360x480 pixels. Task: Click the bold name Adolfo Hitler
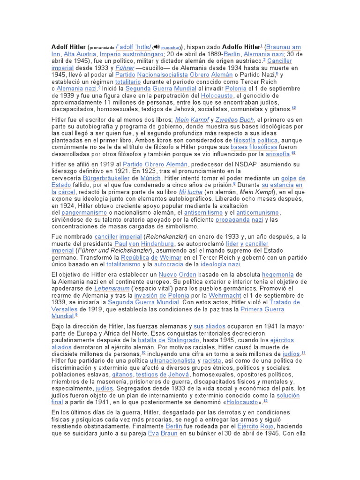pyautogui.click(x=240, y=47)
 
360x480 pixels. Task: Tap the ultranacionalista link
pyautogui.click(x=173, y=361)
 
